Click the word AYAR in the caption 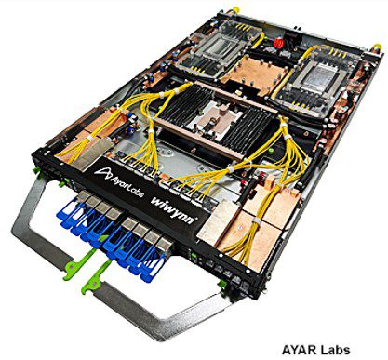click(x=300, y=350)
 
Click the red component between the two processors click(x=278, y=43)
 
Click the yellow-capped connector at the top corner click(x=235, y=10)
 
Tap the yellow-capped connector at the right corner click(x=377, y=47)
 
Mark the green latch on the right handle click(x=97, y=277)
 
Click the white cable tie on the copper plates click(x=257, y=220)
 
